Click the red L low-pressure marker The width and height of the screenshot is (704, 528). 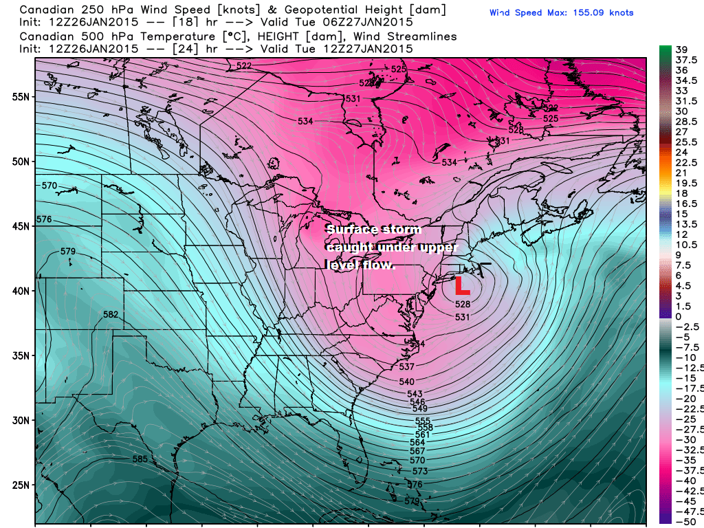pyautogui.click(x=461, y=285)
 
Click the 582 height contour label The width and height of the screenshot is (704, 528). pyautogui.click(x=111, y=315)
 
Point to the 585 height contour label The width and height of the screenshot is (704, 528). pyautogui.click(x=140, y=459)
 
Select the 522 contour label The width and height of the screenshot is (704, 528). pyautogui.click(x=243, y=66)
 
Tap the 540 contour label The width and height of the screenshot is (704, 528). pyautogui.click(x=406, y=382)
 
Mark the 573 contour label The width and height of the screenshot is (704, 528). pyautogui.click(x=419, y=472)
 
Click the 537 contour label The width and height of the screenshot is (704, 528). pyautogui.click(x=406, y=366)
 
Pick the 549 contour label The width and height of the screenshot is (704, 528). pyautogui.click(x=419, y=409)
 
